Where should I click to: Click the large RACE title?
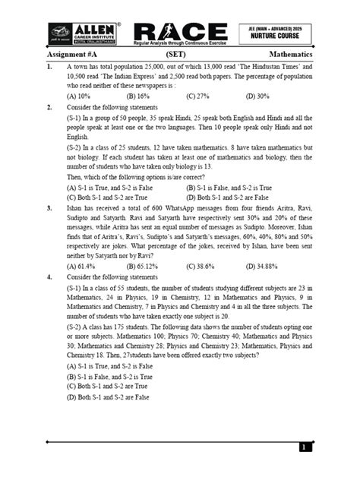coord(180,30)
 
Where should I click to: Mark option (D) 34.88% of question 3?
coord(264,266)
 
